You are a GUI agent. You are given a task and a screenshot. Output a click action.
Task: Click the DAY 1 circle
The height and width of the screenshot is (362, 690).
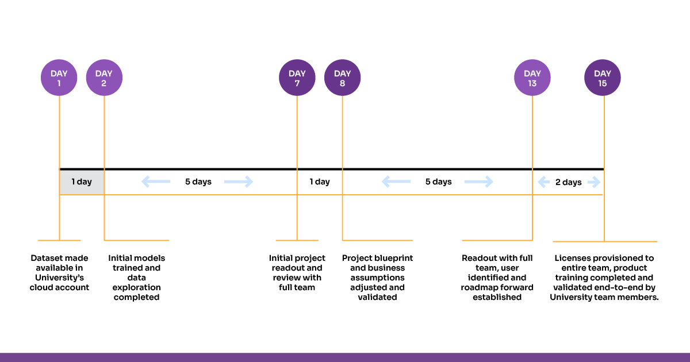[59, 78]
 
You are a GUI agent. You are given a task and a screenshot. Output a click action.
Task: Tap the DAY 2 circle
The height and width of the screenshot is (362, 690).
[104, 78]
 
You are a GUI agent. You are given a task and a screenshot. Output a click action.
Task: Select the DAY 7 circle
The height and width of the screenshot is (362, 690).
[297, 78]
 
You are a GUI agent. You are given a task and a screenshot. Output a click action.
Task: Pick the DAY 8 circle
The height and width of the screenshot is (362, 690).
[342, 78]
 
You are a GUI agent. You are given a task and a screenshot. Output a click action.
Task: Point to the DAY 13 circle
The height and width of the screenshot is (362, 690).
[532, 78]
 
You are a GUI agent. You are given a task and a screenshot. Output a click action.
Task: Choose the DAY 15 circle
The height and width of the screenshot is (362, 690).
[603, 78]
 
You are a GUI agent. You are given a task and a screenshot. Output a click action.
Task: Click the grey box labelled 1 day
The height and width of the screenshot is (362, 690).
[82, 182]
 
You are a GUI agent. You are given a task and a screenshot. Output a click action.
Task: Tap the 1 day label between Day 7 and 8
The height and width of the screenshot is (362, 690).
[320, 182]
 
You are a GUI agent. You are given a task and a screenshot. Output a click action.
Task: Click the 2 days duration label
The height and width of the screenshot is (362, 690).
[568, 182]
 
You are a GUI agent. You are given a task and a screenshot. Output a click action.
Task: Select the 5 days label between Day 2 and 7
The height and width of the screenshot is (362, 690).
[198, 182]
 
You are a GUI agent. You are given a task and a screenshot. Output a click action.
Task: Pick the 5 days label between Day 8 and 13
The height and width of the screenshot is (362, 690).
[438, 182]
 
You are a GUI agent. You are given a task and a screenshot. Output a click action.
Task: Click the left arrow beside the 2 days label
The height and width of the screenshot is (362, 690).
[544, 182]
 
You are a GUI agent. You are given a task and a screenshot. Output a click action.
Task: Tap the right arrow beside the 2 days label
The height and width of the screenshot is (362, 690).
[594, 182]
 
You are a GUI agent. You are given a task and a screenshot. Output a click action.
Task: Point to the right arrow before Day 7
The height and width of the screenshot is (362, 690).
[239, 182]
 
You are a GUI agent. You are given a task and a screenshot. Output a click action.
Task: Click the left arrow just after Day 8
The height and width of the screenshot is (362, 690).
[396, 182]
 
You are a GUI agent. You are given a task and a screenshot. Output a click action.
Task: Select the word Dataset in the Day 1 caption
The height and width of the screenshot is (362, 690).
[45, 258]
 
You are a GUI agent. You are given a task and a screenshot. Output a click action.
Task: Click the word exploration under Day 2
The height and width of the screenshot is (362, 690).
[136, 287]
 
